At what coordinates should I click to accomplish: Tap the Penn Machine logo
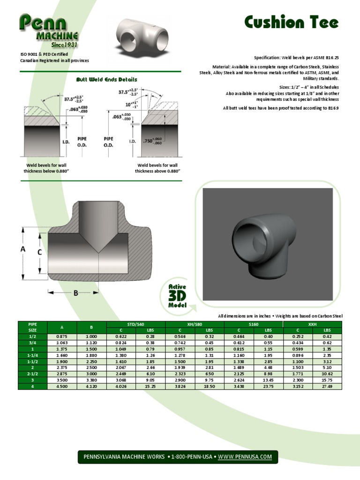pos(49,31)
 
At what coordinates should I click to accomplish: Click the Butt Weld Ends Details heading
pos(106,80)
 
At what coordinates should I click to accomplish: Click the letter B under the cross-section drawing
pos(75,293)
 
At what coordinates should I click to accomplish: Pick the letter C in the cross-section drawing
pos(39,252)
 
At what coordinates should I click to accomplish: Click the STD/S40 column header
pos(136,324)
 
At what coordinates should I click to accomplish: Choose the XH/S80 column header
pos(195,324)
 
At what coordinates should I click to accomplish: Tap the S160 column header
pos(254,324)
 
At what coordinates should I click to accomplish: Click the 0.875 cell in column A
pos(62,337)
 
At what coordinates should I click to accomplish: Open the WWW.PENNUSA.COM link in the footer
pos(245,457)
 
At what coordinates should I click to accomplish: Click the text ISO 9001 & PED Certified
pos(47,54)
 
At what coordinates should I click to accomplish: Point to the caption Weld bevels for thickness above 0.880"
pos(157,168)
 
